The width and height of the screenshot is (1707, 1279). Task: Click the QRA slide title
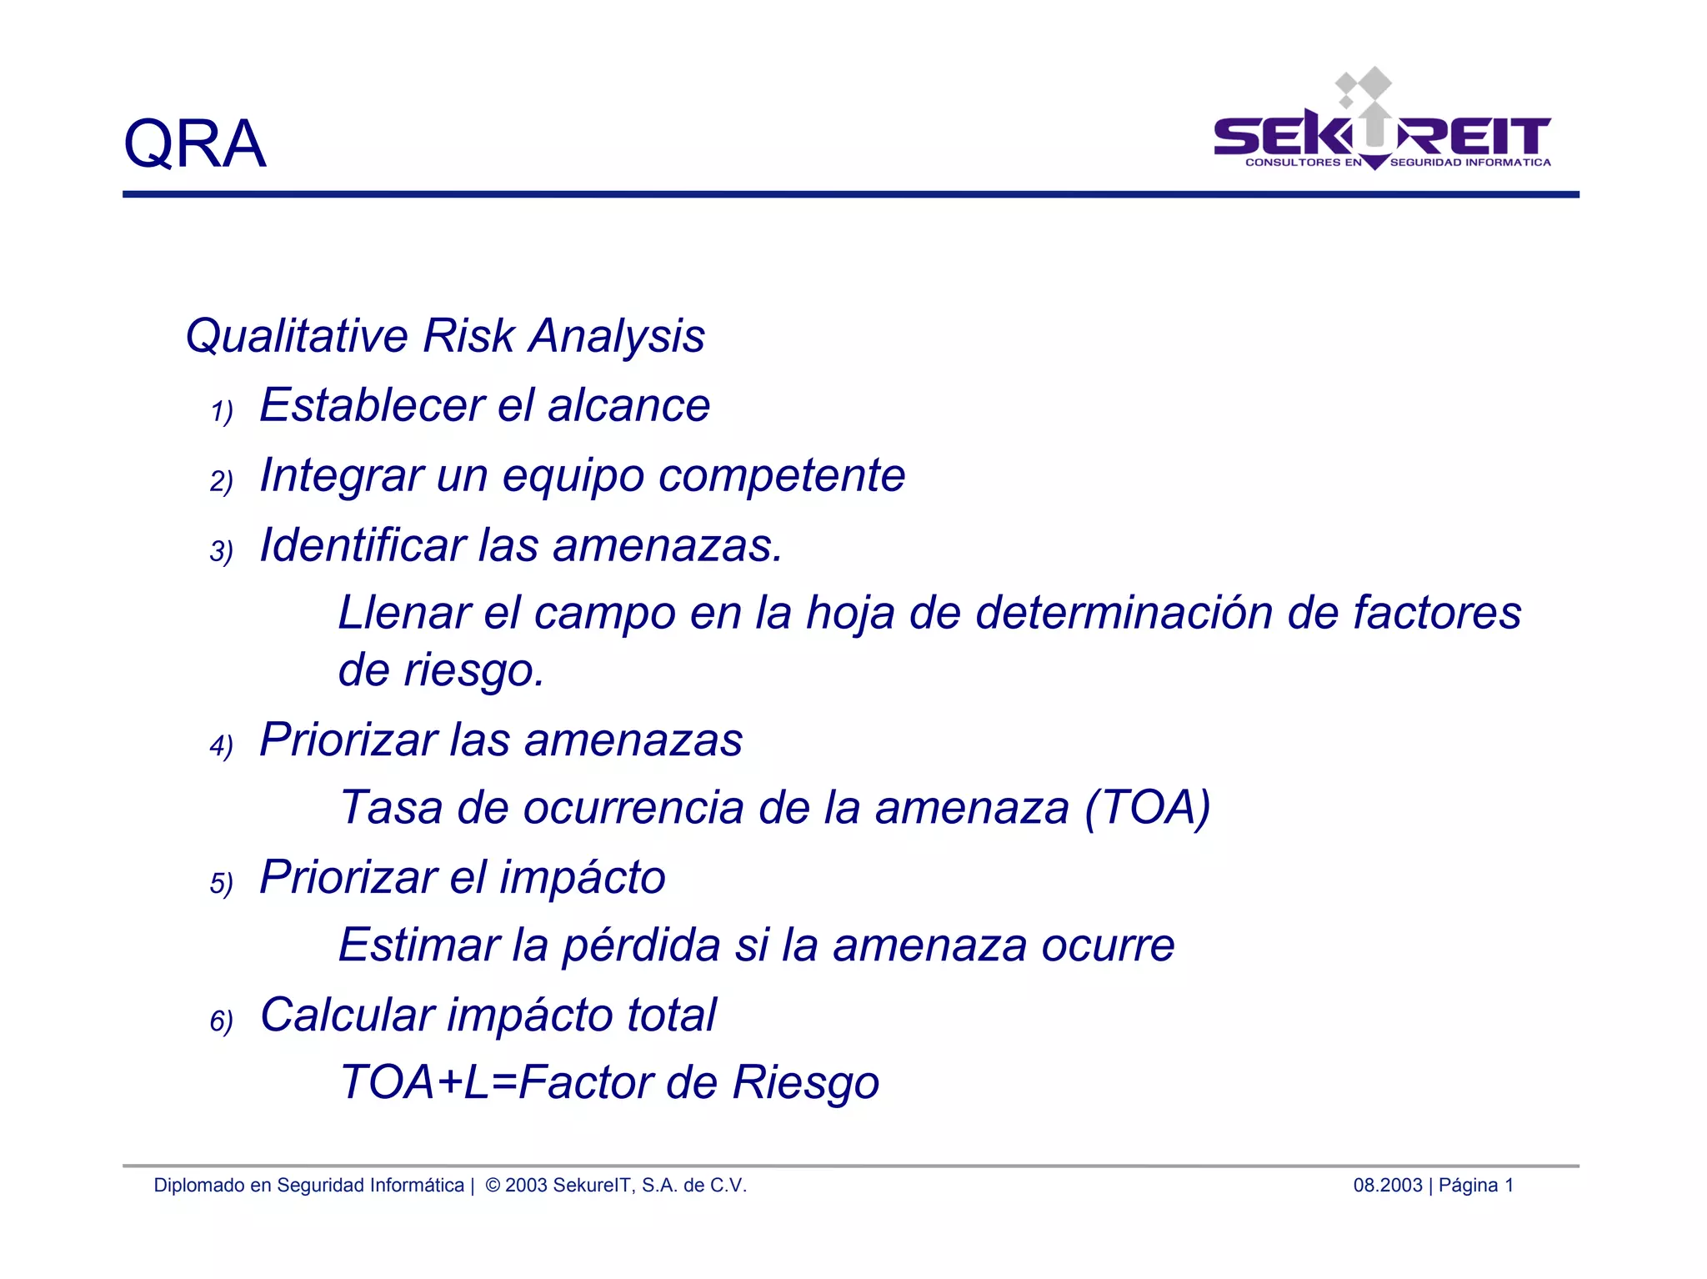194,143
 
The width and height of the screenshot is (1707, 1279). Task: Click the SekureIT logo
1381,125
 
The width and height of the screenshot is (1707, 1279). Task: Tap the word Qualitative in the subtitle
297,336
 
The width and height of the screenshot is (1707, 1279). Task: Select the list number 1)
221,411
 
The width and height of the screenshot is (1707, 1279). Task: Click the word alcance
628,406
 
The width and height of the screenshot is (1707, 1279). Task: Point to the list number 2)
221,481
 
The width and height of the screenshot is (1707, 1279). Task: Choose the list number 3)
221,551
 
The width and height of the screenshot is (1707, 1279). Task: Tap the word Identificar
363,545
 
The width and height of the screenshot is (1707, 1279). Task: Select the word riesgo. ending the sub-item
473,671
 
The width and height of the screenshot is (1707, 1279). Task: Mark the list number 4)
221,745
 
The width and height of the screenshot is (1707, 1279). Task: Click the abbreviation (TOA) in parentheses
1147,808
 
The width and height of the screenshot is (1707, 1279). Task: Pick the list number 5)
221,883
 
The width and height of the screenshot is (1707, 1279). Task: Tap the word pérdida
641,945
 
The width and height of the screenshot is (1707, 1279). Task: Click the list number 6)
221,1021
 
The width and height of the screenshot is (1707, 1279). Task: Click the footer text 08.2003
1387,1186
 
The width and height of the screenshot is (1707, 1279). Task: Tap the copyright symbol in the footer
493,1186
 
